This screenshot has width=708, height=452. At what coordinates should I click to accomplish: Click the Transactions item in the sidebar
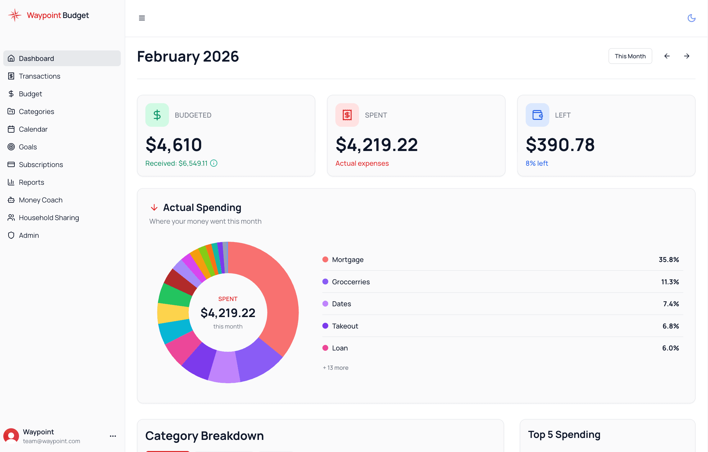tap(39, 76)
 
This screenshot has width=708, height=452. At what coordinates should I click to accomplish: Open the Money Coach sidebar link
tap(40, 200)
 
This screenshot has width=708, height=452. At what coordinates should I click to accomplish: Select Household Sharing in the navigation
tap(49, 217)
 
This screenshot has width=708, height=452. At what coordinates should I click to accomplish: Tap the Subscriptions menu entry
tap(41, 164)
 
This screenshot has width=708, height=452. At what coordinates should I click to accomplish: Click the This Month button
tap(630, 56)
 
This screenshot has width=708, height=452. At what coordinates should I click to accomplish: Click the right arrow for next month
tap(687, 56)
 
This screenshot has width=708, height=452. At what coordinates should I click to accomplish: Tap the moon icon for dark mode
tap(691, 18)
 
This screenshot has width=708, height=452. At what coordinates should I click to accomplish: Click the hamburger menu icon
tap(142, 18)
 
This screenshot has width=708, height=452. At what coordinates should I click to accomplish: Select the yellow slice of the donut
tap(173, 313)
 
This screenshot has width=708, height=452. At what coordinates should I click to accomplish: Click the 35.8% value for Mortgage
tap(669, 259)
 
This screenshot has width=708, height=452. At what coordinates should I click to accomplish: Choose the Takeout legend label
tap(345, 326)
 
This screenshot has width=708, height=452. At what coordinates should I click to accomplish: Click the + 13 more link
tap(336, 367)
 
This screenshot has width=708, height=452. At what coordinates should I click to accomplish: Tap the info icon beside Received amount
tap(214, 163)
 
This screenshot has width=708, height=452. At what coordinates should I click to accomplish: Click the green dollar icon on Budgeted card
tap(157, 115)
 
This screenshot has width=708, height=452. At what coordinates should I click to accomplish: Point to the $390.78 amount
tap(560, 145)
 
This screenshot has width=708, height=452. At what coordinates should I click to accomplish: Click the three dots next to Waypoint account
tap(113, 436)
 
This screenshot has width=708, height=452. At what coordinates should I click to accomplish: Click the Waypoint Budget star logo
tap(15, 15)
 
